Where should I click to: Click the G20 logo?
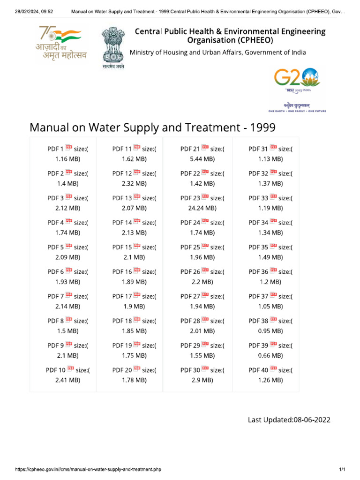pyautogui.click(x=297, y=79)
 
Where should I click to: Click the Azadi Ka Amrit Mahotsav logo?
pyautogui.click(x=62, y=45)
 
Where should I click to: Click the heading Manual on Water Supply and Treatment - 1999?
pyautogui.click(x=152, y=127)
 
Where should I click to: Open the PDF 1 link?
pyautogui.click(x=55, y=149)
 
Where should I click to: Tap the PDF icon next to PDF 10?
pyautogui.click(x=70, y=369)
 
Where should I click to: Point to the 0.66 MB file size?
pyautogui.click(x=270, y=355)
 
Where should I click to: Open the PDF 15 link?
pyautogui.click(x=122, y=247)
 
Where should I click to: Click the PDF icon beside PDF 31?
pyautogui.click(x=273, y=149)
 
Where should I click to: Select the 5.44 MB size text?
pyautogui.click(x=202, y=159)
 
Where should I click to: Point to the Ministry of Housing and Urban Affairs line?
pyautogui.click(x=217, y=52)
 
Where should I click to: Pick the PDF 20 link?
pyautogui.click(x=122, y=370)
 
